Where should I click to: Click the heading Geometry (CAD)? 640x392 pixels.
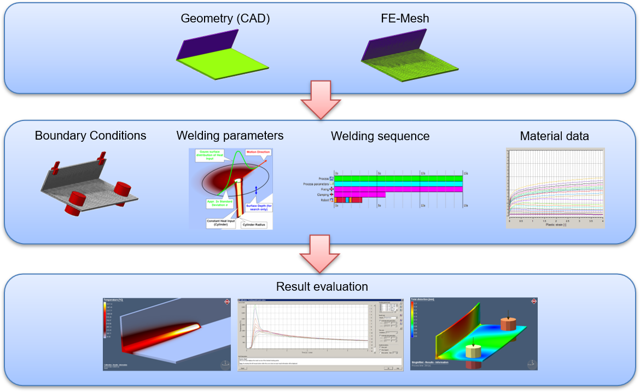pos(225,19)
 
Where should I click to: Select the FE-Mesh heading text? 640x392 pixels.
pos(405,19)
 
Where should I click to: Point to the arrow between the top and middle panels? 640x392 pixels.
pos(320,100)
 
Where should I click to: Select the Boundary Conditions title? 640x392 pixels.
pos(90,135)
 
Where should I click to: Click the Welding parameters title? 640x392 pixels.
pos(230,135)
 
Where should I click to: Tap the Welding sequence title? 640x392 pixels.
pos(380,136)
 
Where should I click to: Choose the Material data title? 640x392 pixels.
pos(554,136)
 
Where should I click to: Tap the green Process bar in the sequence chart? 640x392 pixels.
pos(398,178)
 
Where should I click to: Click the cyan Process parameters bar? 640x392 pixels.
pos(398,184)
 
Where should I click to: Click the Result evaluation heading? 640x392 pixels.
pos(322,286)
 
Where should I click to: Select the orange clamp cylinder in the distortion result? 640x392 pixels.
pos(508,324)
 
